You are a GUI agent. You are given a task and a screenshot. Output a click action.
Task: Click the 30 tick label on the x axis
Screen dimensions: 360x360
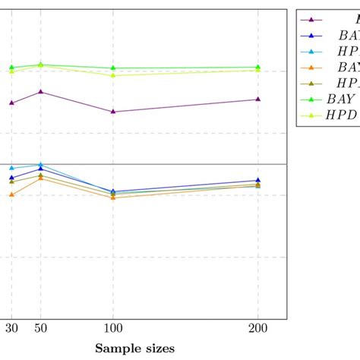click(11, 330)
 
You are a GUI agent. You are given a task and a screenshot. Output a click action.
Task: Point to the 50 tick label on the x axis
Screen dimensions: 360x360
click(39, 330)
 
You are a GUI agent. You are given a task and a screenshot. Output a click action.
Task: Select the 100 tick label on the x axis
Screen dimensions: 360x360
click(113, 330)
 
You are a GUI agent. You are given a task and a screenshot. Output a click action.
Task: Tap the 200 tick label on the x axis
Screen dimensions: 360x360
click(258, 330)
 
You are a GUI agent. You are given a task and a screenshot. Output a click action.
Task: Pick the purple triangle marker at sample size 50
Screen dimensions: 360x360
click(40, 92)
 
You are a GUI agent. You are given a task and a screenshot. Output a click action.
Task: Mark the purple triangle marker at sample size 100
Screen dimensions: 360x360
click(113, 112)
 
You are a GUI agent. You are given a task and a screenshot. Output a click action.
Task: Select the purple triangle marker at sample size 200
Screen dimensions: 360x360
click(258, 99)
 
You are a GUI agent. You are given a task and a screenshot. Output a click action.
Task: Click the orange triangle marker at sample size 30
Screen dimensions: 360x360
click(11, 194)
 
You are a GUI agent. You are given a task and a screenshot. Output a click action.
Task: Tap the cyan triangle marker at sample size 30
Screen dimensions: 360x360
click(11, 168)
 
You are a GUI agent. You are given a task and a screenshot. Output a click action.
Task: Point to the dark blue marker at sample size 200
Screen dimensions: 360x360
click(258, 180)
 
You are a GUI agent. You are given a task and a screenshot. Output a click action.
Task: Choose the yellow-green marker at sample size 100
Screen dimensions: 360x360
click(113, 75)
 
